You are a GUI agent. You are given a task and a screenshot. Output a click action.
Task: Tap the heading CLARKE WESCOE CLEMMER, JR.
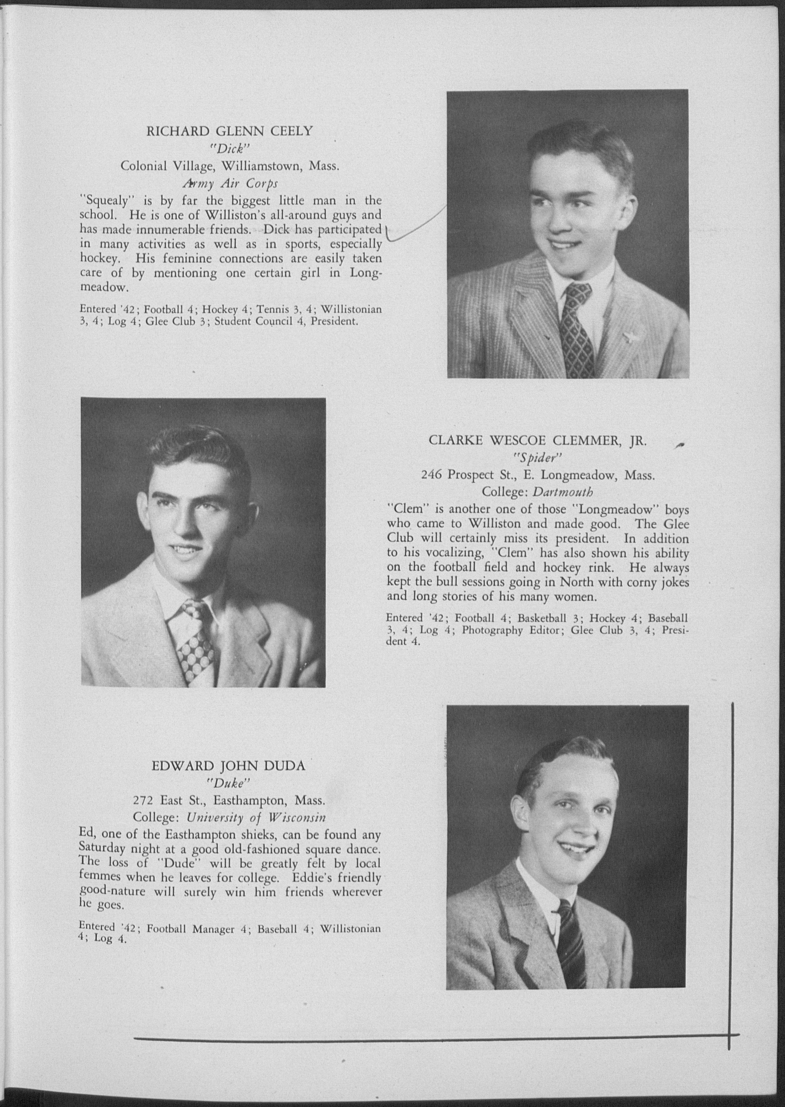pyautogui.click(x=537, y=440)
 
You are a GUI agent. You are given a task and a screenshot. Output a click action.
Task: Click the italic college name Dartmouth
pyautogui.click(x=563, y=492)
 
